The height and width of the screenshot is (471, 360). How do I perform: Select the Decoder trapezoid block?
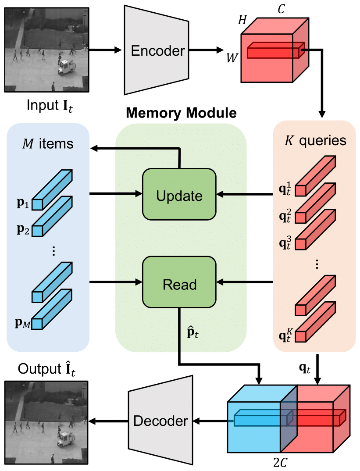(x=160, y=421)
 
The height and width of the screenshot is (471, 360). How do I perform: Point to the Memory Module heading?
(x=181, y=114)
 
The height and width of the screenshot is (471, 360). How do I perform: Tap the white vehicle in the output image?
(x=65, y=437)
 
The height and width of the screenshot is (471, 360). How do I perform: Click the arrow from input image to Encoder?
(x=105, y=50)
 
